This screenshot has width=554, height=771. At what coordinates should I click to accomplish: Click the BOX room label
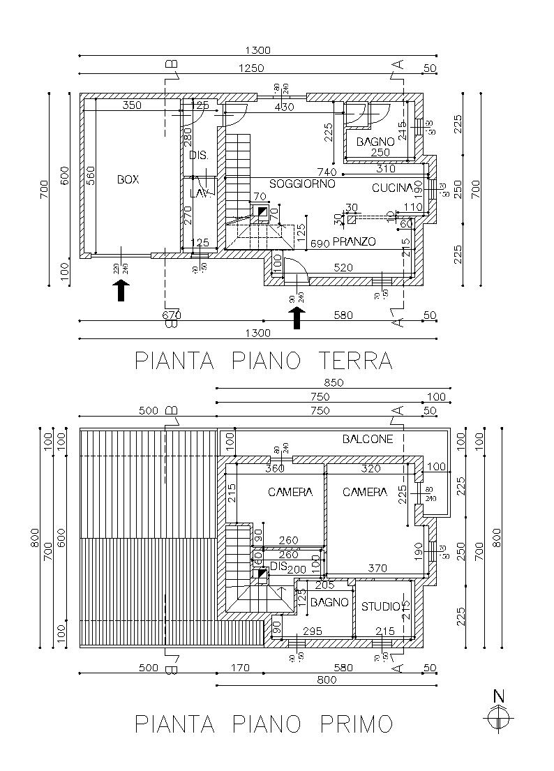click(128, 179)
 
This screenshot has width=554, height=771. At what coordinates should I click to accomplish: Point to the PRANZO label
click(354, 242)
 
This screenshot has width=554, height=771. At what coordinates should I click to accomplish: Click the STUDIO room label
click(381, 606)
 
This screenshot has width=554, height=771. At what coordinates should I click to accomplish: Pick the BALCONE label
click(368, 439)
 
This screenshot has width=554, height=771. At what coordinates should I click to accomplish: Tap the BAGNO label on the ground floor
click(376, 141)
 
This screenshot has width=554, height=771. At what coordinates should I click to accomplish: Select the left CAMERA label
click(290, 492)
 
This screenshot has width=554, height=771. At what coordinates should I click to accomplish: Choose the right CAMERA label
click(365, 492)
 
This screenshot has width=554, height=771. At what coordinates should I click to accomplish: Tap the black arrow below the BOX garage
click(122, 290)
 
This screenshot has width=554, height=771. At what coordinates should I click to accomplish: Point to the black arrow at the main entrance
click(298, 317)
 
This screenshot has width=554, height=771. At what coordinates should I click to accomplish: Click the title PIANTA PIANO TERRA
click(264, 361)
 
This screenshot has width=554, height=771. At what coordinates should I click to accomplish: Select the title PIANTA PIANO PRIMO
click(264, 724)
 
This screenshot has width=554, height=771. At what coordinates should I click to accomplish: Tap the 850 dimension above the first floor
click(332, 382)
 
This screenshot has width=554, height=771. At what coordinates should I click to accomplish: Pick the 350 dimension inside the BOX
click(132, 105)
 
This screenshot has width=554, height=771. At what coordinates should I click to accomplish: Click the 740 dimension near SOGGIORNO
click(327, 172)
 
